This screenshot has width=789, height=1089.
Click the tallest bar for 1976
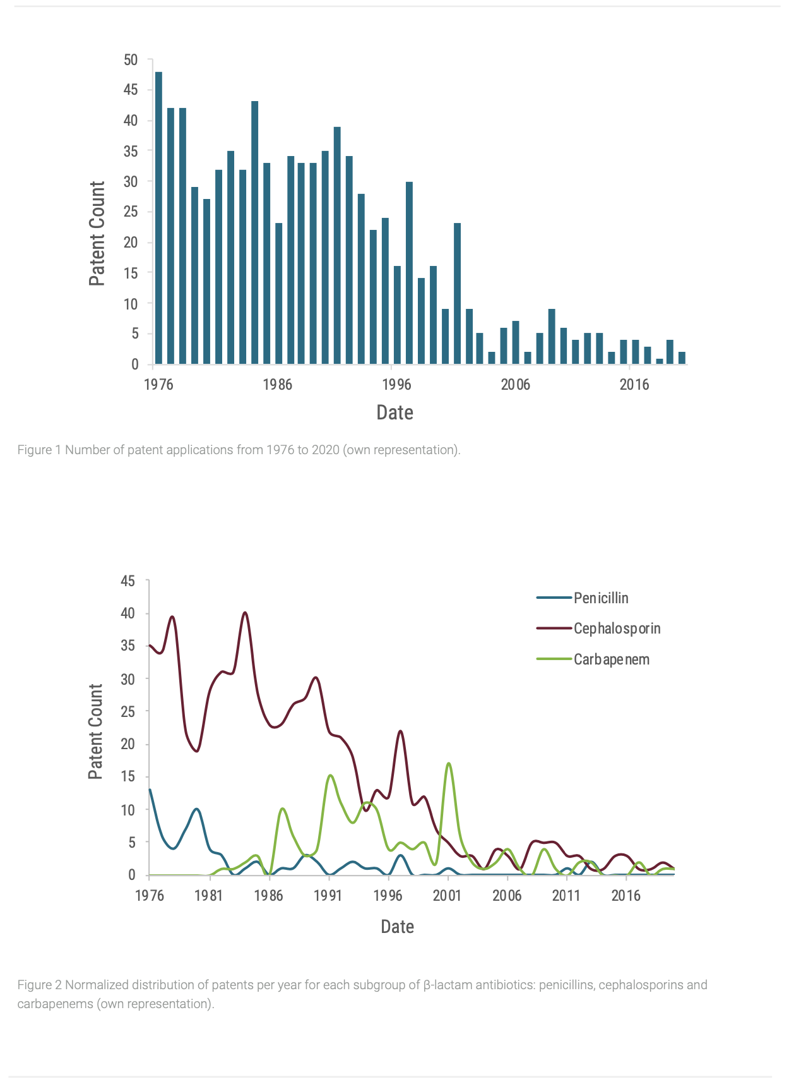pos(158,218)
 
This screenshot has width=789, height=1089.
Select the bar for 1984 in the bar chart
pos(254,232)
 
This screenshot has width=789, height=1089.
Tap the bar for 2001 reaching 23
pos(457,294)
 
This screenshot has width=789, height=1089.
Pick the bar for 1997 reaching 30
pos(409,273)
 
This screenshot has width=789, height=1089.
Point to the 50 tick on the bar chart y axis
pos(131,60)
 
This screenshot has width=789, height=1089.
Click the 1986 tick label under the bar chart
pos(278,385)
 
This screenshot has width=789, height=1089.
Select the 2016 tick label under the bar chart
pos(634,385)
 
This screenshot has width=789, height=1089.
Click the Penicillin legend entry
pos(583,598)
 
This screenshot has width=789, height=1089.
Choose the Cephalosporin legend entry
pos(598,629)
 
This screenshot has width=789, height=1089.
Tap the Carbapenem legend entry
pos(593,659)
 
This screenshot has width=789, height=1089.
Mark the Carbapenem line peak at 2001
pos(448,764)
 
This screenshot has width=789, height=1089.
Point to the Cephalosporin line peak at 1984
pos(245,612)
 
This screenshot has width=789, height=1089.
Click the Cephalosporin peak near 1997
pos(400,731)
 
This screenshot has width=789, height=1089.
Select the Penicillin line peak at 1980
pos(197,809)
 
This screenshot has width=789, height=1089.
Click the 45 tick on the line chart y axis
pos(128,581)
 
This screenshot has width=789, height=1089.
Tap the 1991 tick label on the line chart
pos(328,895)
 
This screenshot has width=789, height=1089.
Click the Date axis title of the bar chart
pos(395,412)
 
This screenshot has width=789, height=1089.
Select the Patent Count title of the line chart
pos(95,731)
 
